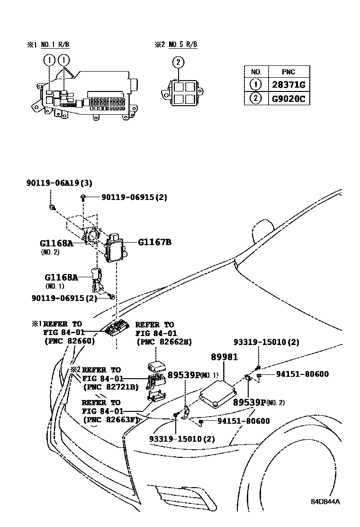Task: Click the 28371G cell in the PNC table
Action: tap(288, 85)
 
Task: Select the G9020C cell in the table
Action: tap(288, 99)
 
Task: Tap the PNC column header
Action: tap(288, 72)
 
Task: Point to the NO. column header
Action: tap(256, 72)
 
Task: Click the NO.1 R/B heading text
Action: tap(55, 45)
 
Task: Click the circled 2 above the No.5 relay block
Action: tap(178, 62)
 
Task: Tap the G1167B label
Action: tap(154, 242)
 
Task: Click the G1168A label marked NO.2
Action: tap(56, 244)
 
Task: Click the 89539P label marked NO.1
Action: tap(183, 375)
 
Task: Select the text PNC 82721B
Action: tap(110, 387)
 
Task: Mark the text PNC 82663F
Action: tap(110, 419)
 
